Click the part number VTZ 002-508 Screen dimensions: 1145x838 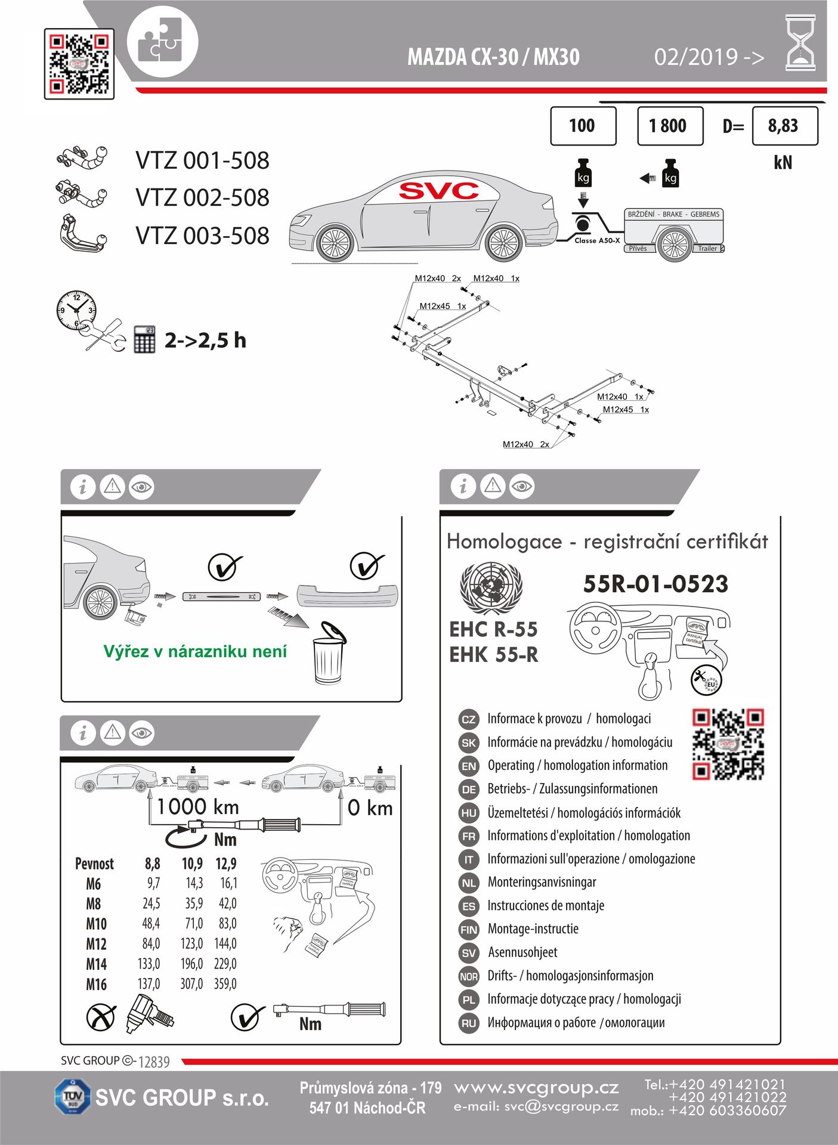[202, 198]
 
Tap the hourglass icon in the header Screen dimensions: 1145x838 [800, 43]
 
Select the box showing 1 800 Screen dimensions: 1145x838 [670, 126]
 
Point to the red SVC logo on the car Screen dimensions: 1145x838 [438, 191]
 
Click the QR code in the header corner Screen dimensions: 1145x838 [79, 64]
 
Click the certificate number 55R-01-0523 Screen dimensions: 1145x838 [655, 584]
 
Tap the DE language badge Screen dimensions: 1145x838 [469, 790]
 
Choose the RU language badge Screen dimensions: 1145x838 [469, 1023]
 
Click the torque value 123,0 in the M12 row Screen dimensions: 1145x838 [191, 943]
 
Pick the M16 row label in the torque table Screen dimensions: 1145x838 [96, 984]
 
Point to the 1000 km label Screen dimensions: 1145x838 [197, 807]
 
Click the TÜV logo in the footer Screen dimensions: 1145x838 [73, 1097]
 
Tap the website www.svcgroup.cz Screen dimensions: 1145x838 [536, 1088]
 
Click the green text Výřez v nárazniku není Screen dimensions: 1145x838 [195, 651]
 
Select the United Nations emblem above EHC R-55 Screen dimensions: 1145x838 [491, 587]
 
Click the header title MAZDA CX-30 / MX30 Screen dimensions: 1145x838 [493, 57]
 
